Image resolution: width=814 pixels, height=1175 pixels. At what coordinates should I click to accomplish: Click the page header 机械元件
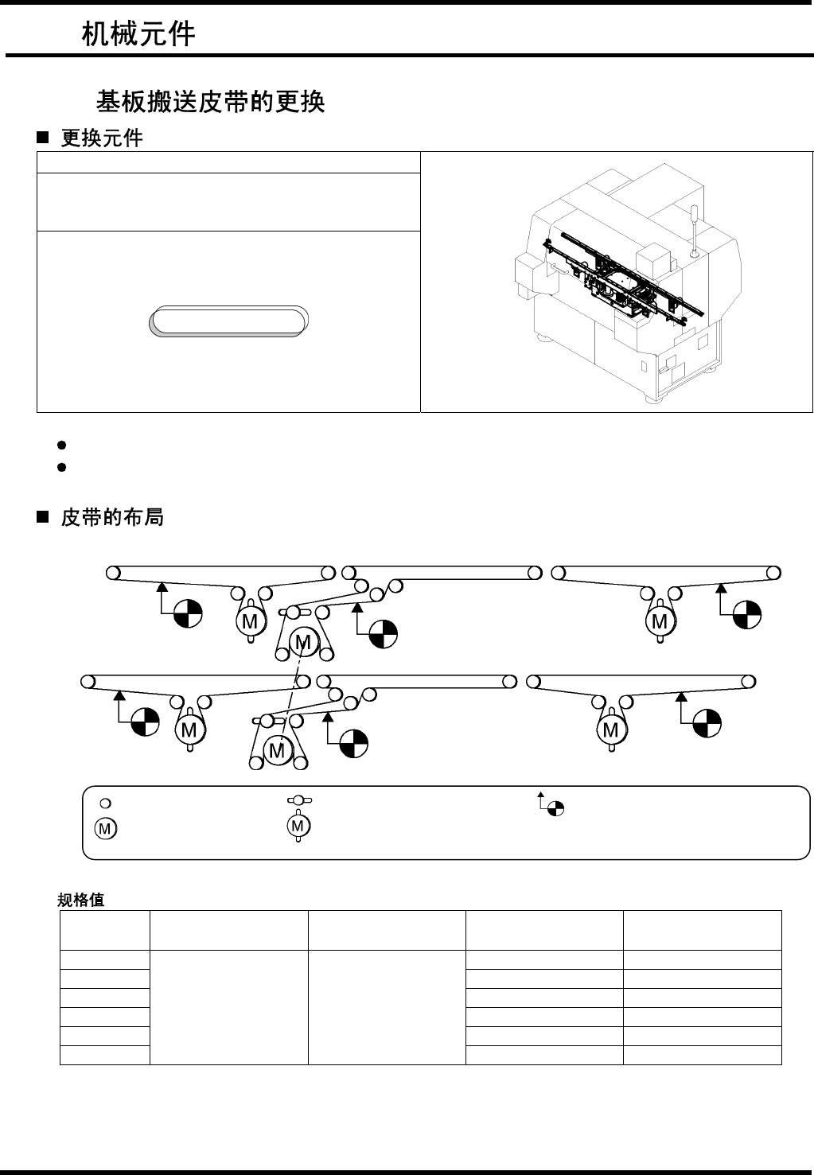138,34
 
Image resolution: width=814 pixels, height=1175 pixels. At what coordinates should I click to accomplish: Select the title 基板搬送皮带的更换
210,101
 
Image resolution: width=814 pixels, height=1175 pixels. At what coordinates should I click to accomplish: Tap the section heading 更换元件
102,138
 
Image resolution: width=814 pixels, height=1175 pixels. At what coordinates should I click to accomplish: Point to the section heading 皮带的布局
112,518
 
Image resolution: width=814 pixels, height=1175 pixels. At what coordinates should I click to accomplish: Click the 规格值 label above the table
81,901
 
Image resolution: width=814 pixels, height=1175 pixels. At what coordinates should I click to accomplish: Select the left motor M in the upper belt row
250,621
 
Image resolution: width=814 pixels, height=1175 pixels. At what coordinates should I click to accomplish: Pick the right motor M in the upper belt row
660,621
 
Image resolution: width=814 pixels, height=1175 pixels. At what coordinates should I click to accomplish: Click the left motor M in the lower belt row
189,730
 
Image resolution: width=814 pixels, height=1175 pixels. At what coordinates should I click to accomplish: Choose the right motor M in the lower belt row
611,730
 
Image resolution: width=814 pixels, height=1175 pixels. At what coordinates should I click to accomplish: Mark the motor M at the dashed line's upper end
302,641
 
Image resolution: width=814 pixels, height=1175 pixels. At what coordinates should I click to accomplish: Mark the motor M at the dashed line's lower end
276,749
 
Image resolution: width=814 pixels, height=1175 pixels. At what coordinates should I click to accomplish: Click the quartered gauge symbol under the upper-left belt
188,613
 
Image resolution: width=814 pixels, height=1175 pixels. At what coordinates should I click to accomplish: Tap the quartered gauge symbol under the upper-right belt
747,613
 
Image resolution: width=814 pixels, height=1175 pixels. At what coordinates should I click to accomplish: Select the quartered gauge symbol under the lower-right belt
707,722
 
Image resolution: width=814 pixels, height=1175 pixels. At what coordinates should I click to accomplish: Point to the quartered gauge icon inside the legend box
556,809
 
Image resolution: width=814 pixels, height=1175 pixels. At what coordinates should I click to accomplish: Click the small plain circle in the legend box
104,801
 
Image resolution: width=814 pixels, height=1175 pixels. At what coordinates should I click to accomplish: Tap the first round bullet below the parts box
61,444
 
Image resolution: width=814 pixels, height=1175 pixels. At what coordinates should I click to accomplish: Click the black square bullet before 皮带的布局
43,518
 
